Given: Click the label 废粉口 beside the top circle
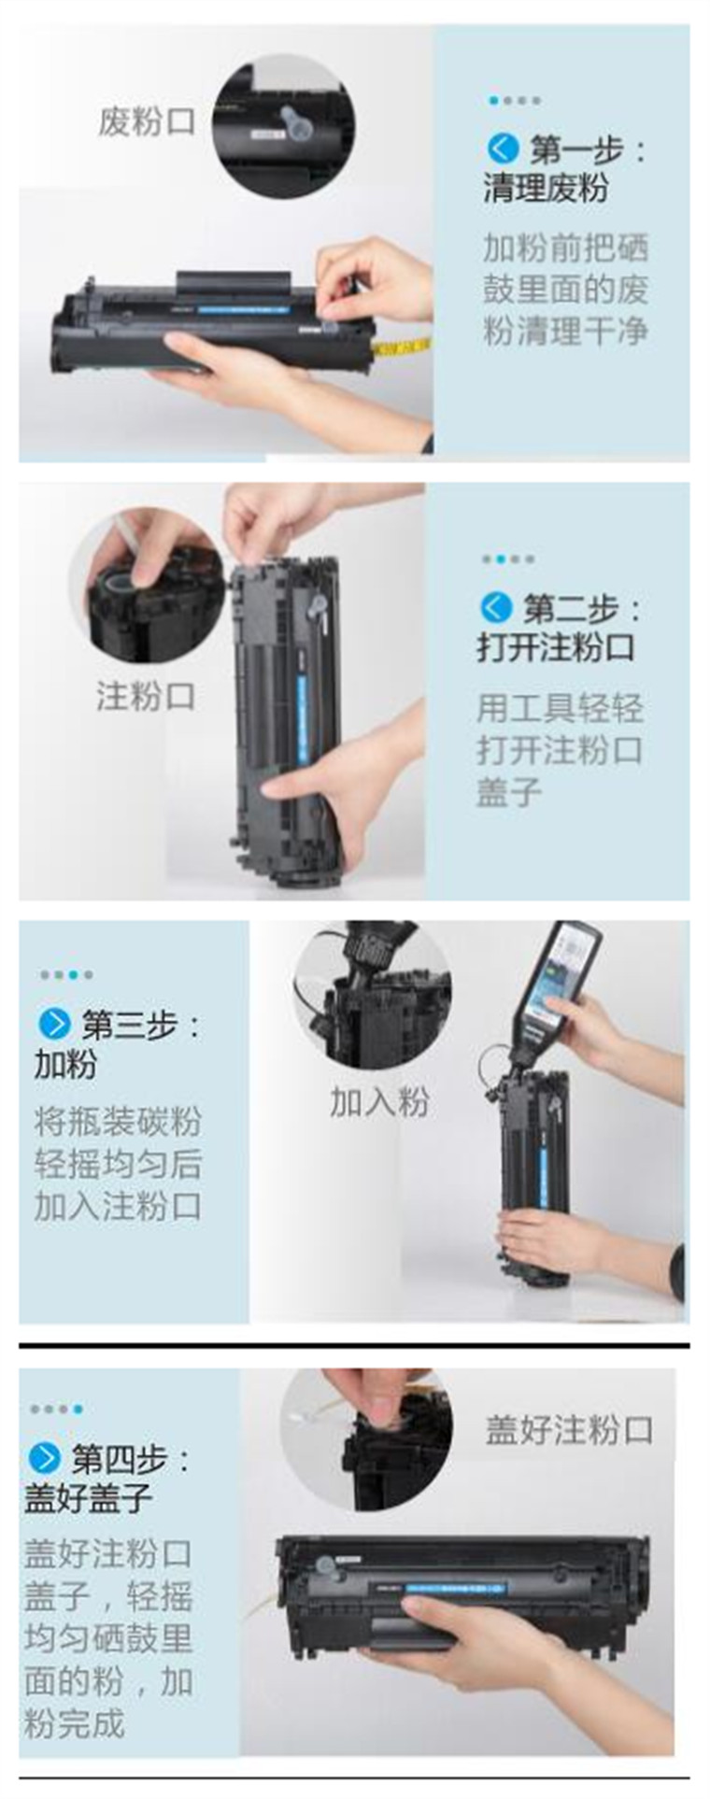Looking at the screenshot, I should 147,121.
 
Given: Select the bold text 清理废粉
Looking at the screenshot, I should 546,189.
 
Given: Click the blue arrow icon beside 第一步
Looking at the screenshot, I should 502,148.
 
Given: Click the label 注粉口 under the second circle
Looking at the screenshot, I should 146,696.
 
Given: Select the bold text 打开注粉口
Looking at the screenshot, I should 556,648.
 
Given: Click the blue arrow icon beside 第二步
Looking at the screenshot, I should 496,608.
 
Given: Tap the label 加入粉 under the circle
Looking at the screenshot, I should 378,1102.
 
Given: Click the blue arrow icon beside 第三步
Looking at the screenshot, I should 54,1024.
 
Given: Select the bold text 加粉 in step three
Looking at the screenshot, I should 65,1064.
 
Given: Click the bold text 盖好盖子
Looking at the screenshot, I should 88,1498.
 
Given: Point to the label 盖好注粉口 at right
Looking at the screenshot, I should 568,1430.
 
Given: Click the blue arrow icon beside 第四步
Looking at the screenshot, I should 44,1457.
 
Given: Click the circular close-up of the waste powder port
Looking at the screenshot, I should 283,126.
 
